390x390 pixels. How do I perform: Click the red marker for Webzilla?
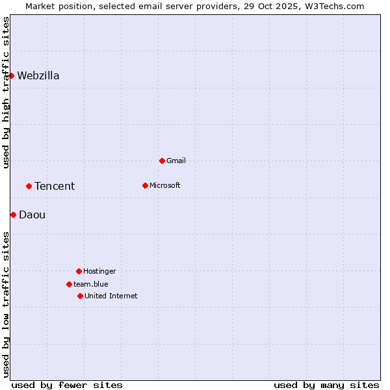pos(11,75)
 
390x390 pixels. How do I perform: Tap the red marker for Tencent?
pos(29,186)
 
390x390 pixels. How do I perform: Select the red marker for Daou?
pos(13,214)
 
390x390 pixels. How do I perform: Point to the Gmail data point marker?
pos(162,161)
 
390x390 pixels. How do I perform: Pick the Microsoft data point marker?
pos(145,185)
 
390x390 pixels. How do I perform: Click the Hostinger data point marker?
pos(79,271)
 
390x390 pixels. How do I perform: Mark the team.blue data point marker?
pos(69,284)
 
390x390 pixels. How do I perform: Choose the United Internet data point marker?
pos(80,296)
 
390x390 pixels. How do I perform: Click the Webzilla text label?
pos(38,75)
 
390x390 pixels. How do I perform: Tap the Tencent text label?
pos(55,186)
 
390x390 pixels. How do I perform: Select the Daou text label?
pos(32,214)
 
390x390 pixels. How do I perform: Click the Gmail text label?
pos(176,161)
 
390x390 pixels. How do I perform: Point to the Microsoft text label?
pos(165,185)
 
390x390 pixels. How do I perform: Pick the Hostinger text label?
pos(99,271)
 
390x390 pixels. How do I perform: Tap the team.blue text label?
pos(91,284)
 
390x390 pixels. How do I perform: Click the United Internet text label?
pos(111,296)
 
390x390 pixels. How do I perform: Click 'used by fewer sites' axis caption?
pos(67,385)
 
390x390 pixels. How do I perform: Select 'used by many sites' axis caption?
pos(326,385)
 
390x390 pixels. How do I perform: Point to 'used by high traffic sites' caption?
pos(6,92)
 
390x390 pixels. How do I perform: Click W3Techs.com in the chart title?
pos(333,6)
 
